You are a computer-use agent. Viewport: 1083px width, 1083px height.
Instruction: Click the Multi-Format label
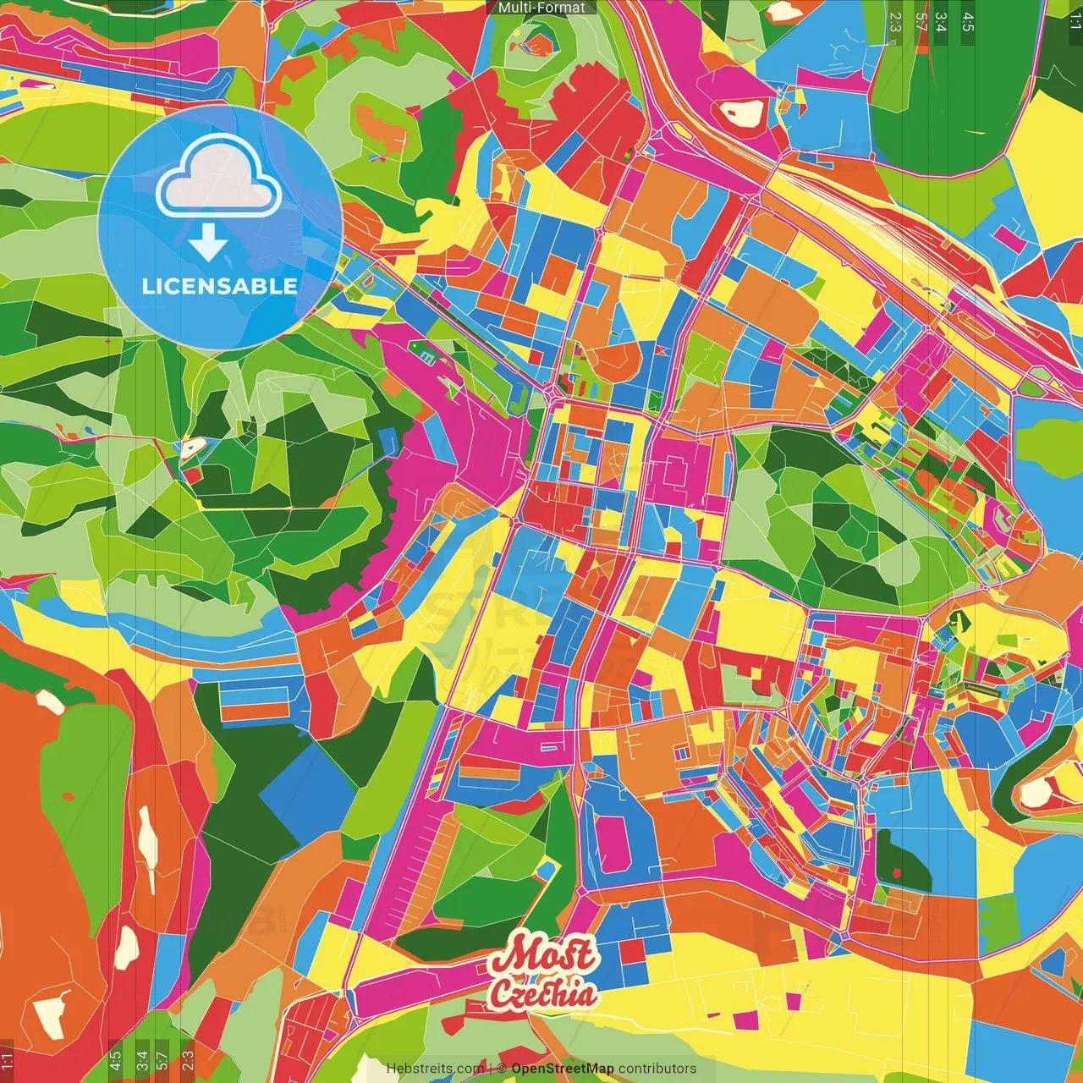coord(541,8)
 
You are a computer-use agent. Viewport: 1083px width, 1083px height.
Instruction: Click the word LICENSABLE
coord(220,286)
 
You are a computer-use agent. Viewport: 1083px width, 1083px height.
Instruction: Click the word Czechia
coord(542,993)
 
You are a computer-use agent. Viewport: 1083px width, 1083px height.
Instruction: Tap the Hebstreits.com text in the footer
coord(435,1069)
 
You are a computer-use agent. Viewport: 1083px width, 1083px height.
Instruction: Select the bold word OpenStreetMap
coord(563,1069)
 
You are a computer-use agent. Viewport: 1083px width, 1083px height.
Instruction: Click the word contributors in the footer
coord(657,1069)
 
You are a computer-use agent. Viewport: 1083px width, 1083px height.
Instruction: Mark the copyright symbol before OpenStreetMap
coord(502,1069)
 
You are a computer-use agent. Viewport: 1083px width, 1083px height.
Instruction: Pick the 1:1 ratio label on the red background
coord(7,1059)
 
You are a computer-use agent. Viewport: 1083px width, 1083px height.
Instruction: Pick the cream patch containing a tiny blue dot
coord(191,448)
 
